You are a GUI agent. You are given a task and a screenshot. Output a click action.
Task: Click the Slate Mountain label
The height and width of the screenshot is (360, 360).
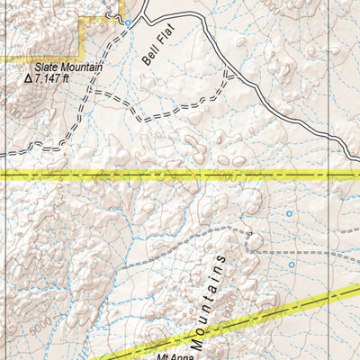pyautogui.click(x=69, y=67)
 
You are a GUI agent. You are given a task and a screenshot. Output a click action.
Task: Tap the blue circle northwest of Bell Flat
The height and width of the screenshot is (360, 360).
pyautogui.click(x=128, y=22)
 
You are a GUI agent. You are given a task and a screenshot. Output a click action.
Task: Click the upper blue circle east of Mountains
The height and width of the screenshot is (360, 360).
pyautogui.click(x=289, y=214)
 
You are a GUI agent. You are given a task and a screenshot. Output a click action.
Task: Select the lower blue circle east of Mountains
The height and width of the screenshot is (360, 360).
pyautogui.click(x=292, y=265)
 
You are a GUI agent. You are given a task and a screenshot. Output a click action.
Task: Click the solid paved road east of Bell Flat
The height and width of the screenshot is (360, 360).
pyautogui.click(x=270, y=112)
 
